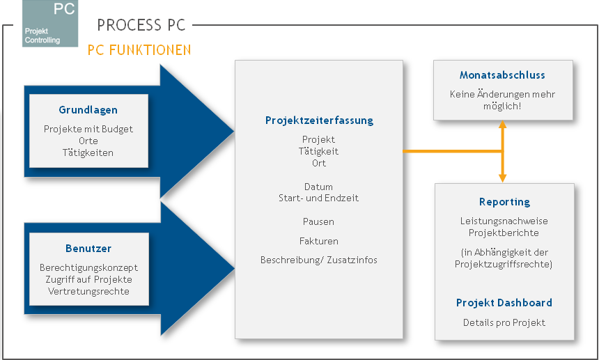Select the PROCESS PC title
click(141, 26)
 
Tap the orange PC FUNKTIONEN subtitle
click(139, 51)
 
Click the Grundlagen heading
click(88, 110)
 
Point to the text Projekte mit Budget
click(88, 129)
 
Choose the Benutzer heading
click(88, 249)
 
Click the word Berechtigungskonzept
click(88, 267)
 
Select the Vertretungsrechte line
click(88, 291)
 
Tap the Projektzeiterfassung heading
click(319, 120)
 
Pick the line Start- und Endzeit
click(319, 198)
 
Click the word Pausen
click(319, 221)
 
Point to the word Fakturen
click(319, 241)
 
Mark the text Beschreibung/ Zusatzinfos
click(319, 260)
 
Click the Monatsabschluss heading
click(502, 75)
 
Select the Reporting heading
click(504, 202)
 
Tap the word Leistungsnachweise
click(504, 221)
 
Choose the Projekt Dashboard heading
click(504, 303)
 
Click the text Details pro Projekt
click(504, 322)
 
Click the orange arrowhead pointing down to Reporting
click(502, 178)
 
